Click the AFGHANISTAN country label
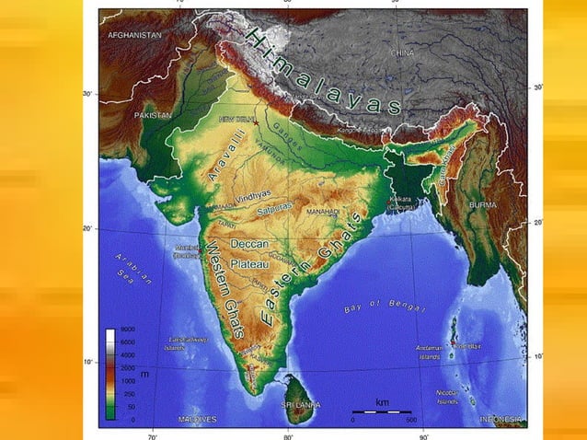[x=134, y=34]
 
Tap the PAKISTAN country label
[x=153, y=116]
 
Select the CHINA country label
[x=403, y=53]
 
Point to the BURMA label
[x=483, y=204]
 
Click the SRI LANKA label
[x=301, y=404]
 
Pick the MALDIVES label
[x=198, y=420]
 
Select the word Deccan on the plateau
[x=247, y=246]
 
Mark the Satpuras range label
[x=274, y=208]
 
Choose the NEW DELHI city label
[x=236, y=121]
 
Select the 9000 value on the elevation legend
[x=128, y=330]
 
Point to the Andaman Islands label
[x=430, y=351]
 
